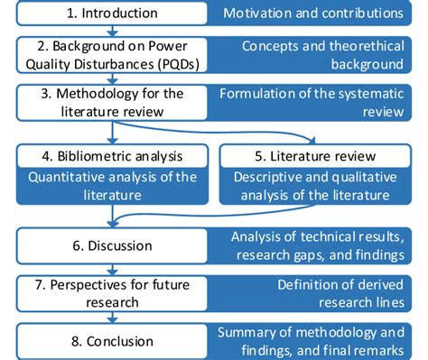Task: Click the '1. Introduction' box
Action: pos(109,14)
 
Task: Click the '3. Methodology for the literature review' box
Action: pos(109,102)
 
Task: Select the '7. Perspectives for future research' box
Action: pos(109,293)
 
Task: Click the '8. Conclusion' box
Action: pos(109,342)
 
